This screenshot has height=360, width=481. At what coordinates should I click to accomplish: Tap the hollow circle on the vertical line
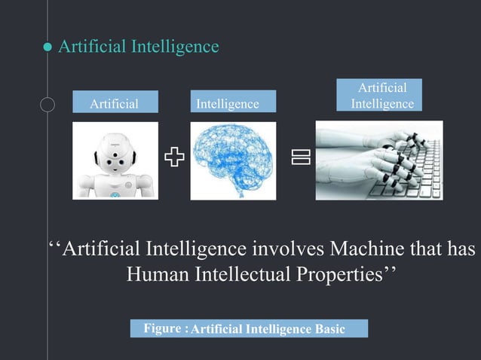(47, 104)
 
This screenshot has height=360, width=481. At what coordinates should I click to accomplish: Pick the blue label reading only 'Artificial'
(115, 104)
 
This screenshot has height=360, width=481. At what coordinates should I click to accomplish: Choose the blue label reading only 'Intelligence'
(227, 104)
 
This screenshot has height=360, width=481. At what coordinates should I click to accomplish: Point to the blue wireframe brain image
(232, 160)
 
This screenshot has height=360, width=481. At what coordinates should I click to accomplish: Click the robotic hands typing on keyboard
(378, 160)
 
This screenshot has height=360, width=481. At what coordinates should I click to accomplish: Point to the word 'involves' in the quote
(287, 248)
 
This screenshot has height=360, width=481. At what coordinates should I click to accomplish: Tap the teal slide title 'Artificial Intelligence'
(139, 47)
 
